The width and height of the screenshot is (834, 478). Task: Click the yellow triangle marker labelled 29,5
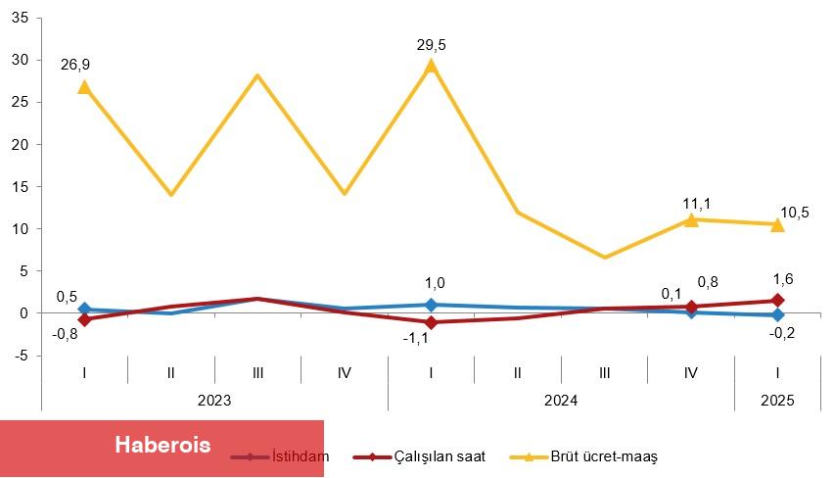click(x=431, y=66)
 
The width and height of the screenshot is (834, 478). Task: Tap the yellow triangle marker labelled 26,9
click(x=84, y=87)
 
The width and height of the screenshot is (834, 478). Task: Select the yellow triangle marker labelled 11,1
click(x=691, y=219)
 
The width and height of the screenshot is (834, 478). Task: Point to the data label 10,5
click(x=794, y=213)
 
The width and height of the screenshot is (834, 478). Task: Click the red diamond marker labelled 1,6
click(x=777, y=301)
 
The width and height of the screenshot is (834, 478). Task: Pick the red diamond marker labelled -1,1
click(x=431, y=322)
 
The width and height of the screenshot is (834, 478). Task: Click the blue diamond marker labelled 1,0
click(x=431, y=305)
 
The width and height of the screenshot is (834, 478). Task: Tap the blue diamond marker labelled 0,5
click(x=84, y=310)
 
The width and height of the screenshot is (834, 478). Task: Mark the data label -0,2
click(x=781, y=334)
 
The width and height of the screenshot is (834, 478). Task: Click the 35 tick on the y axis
click(x=22, y=18)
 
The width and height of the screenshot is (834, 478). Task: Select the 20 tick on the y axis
click(x=22, y=144)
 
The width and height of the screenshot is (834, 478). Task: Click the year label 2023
click(x=214, y=401)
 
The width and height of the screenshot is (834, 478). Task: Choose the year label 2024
click(x=561, y=401)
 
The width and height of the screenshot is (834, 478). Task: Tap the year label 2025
click(x=777, y=401)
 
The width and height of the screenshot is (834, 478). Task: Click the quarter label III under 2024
click(x=604, y=372)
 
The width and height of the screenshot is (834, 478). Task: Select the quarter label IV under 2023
click(x=344, y=372)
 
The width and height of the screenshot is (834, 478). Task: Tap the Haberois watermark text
click(x=162, y=445)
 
